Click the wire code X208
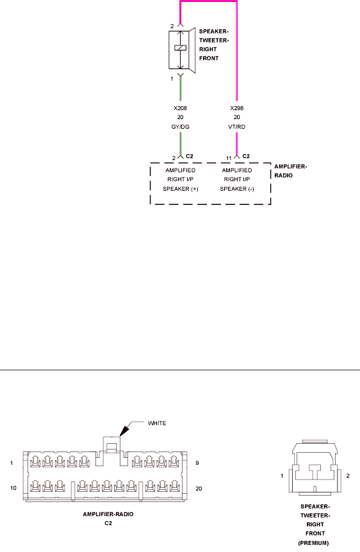[x=181, y=108]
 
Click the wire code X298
[x=237, y=108]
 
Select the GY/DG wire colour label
[x=181, y=127]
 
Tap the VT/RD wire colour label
[x=237, y=127]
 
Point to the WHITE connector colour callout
[x=157, y=423]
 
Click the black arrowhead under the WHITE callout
[x=124, y=431]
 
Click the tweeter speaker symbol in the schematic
[x=182, y=50]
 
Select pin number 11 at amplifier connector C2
[x=229, y=158]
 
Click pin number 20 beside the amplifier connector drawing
[x=199, y=488]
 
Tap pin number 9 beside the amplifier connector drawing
[x=197, y=463]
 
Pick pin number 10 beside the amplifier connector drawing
[x=13, y=488]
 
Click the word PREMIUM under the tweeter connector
[x=313, y=543]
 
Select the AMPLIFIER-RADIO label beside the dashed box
[x=291, y=171]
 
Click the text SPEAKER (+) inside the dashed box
[x=181, y=189]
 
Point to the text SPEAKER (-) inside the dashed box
[x=237, y=189]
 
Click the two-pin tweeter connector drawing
[x=315, y=467]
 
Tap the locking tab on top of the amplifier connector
[x=111, y=444]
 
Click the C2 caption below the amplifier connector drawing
[x=108, y=523]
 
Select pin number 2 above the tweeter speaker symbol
[x=172, y=26]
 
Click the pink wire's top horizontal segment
[x=209, y=1]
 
